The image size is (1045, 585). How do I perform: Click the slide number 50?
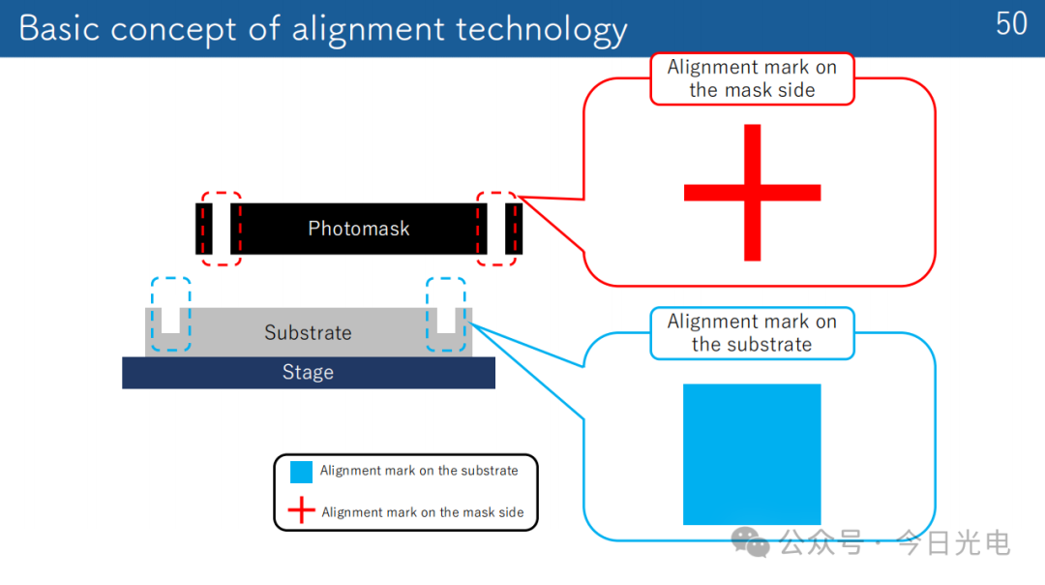1011,24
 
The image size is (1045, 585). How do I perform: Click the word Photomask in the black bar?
359,229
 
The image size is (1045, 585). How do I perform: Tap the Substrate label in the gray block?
308,332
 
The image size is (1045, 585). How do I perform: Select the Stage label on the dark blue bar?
308,372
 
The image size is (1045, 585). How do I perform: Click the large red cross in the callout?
753,192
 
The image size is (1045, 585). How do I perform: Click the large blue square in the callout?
752,454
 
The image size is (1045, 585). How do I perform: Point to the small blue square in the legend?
301,472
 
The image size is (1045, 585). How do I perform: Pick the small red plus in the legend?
301,509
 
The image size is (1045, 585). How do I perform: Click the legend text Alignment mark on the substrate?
419,471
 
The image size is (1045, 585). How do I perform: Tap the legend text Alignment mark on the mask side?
423,512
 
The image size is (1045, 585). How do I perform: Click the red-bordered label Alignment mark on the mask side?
752,78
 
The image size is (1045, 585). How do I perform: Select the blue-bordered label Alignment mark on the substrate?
752,333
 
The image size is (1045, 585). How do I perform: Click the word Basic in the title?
59,29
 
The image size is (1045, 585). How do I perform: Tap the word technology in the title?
541,31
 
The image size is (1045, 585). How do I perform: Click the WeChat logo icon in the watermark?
751,541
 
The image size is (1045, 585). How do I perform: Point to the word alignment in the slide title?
368,31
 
